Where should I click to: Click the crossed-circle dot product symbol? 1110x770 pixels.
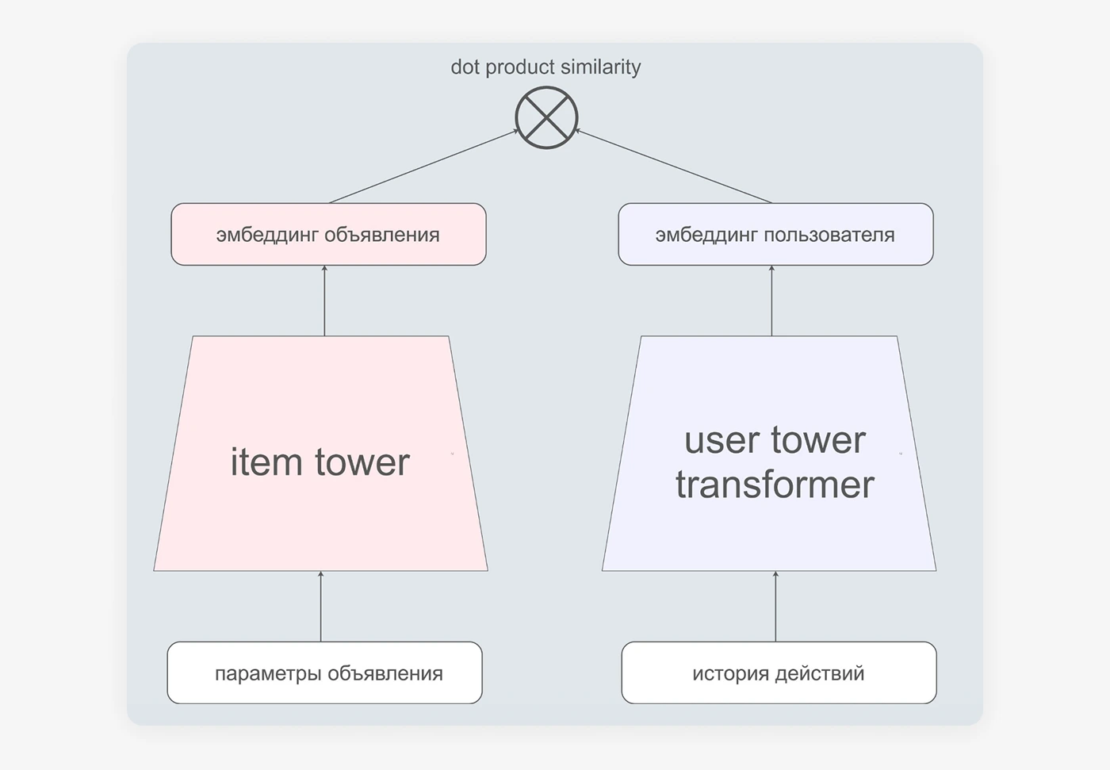[x=546, y=117]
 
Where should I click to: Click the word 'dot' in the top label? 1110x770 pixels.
[x=465, y=67]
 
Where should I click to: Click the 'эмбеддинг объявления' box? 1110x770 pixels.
[x=328, y=234]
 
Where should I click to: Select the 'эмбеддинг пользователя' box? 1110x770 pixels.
[x=775, y=234]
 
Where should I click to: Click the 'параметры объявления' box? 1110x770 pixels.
[x=324, y=672]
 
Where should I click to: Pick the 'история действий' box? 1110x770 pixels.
[x=779, y=672]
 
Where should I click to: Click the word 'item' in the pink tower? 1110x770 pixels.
[x=266, y=462]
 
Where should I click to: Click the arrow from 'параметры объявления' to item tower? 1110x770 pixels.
[x=320, y=606]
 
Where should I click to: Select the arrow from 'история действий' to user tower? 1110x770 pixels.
[x=775, y=606]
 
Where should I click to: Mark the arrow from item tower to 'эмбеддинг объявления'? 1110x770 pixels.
[x=324, y=301]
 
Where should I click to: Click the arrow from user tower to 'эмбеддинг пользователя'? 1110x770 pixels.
[x=771, y=301]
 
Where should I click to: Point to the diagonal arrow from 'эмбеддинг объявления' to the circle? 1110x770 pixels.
[x=423, y=166]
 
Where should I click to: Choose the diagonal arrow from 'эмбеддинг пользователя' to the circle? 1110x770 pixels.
[x=673, y=166]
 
